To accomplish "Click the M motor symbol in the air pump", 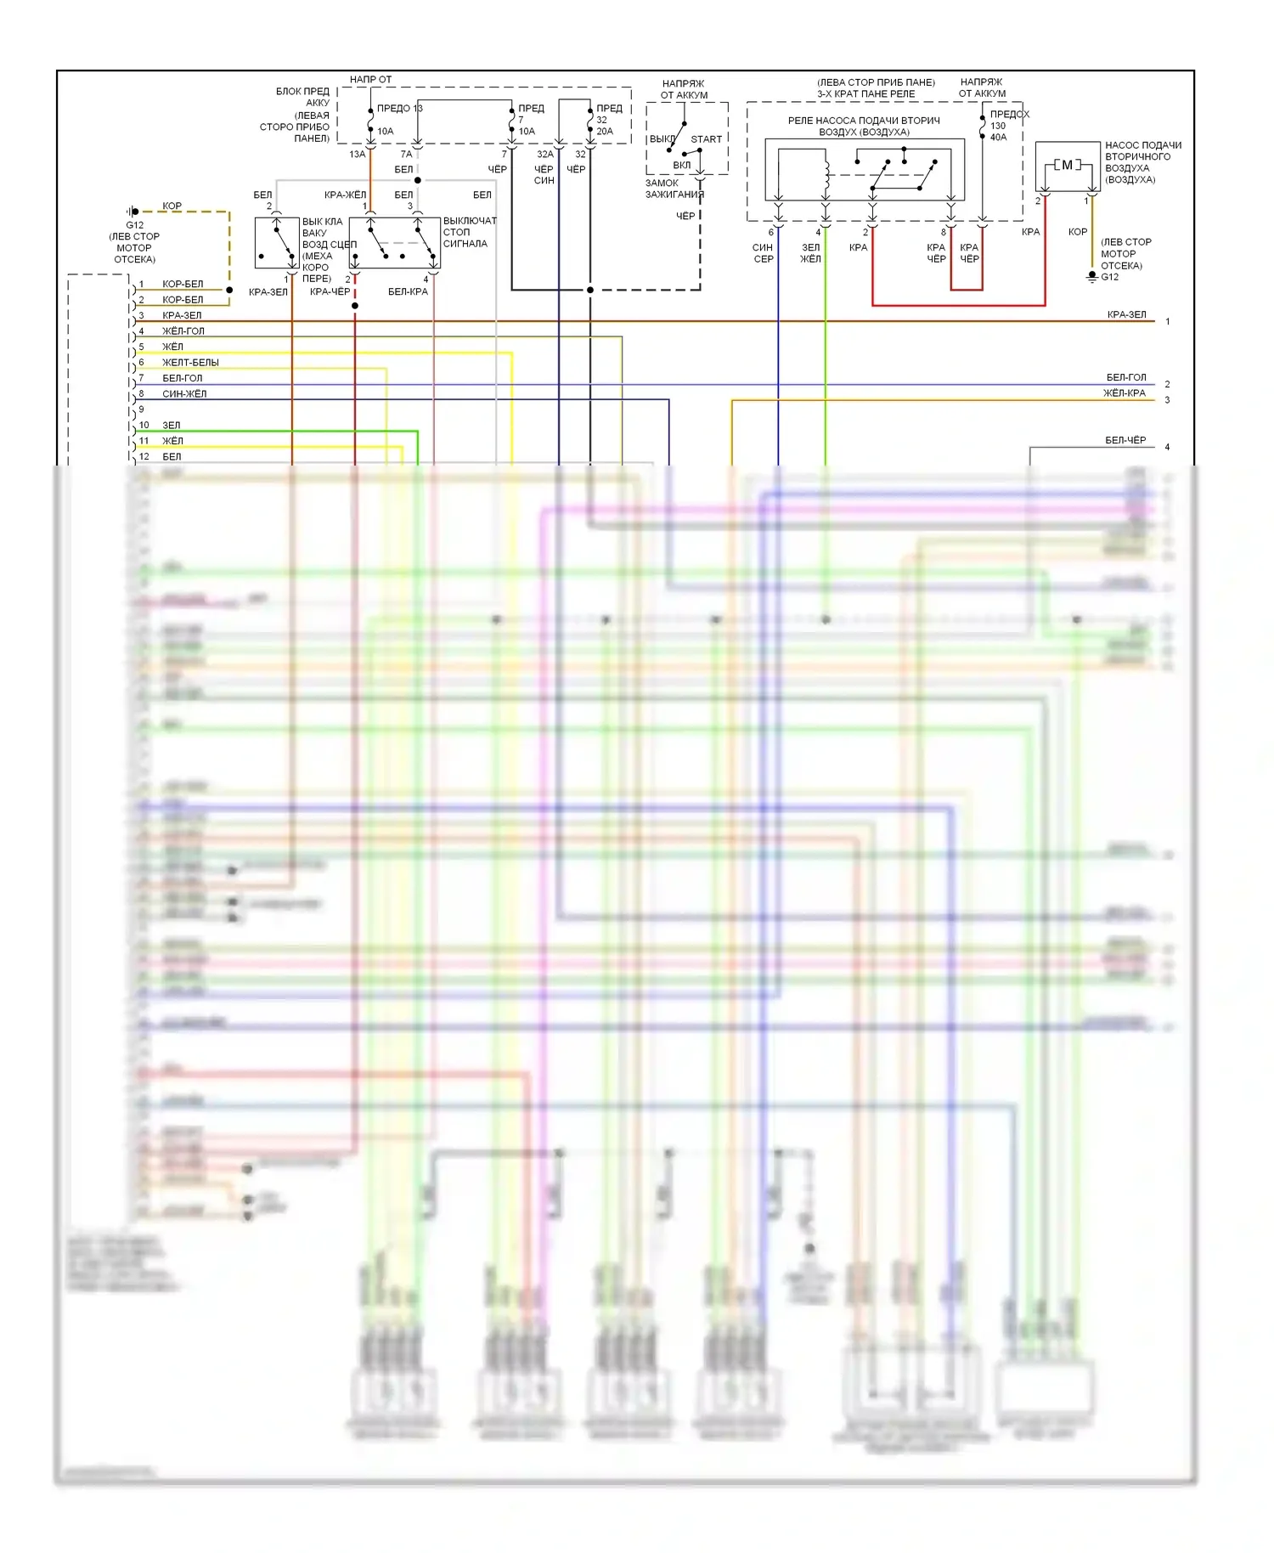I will [1067, 165].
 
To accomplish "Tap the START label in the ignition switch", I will [706, 139].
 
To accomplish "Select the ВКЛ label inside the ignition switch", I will [681, 166].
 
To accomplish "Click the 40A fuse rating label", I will [998, 138].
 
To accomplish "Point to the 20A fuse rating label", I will [604, 132].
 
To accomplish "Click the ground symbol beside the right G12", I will [1092, 277].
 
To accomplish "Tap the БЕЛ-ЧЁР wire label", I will [1125, 440].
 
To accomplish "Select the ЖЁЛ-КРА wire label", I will [1124, 393].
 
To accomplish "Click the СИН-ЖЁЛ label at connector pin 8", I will [184, 394].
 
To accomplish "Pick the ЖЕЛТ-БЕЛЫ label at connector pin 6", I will [190, 363].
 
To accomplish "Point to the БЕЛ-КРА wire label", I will [408, 292].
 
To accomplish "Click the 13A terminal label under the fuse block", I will [357, 155].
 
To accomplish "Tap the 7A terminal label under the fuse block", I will [406, 155].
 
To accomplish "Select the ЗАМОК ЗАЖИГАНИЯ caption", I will [674, 189].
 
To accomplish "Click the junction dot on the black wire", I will [590, 290].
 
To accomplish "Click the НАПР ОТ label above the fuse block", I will [370, 80].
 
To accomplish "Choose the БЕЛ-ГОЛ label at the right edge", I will [1125, 377].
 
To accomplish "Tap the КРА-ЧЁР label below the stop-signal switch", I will [330, 292].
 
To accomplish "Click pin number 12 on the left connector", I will [144, 457].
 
